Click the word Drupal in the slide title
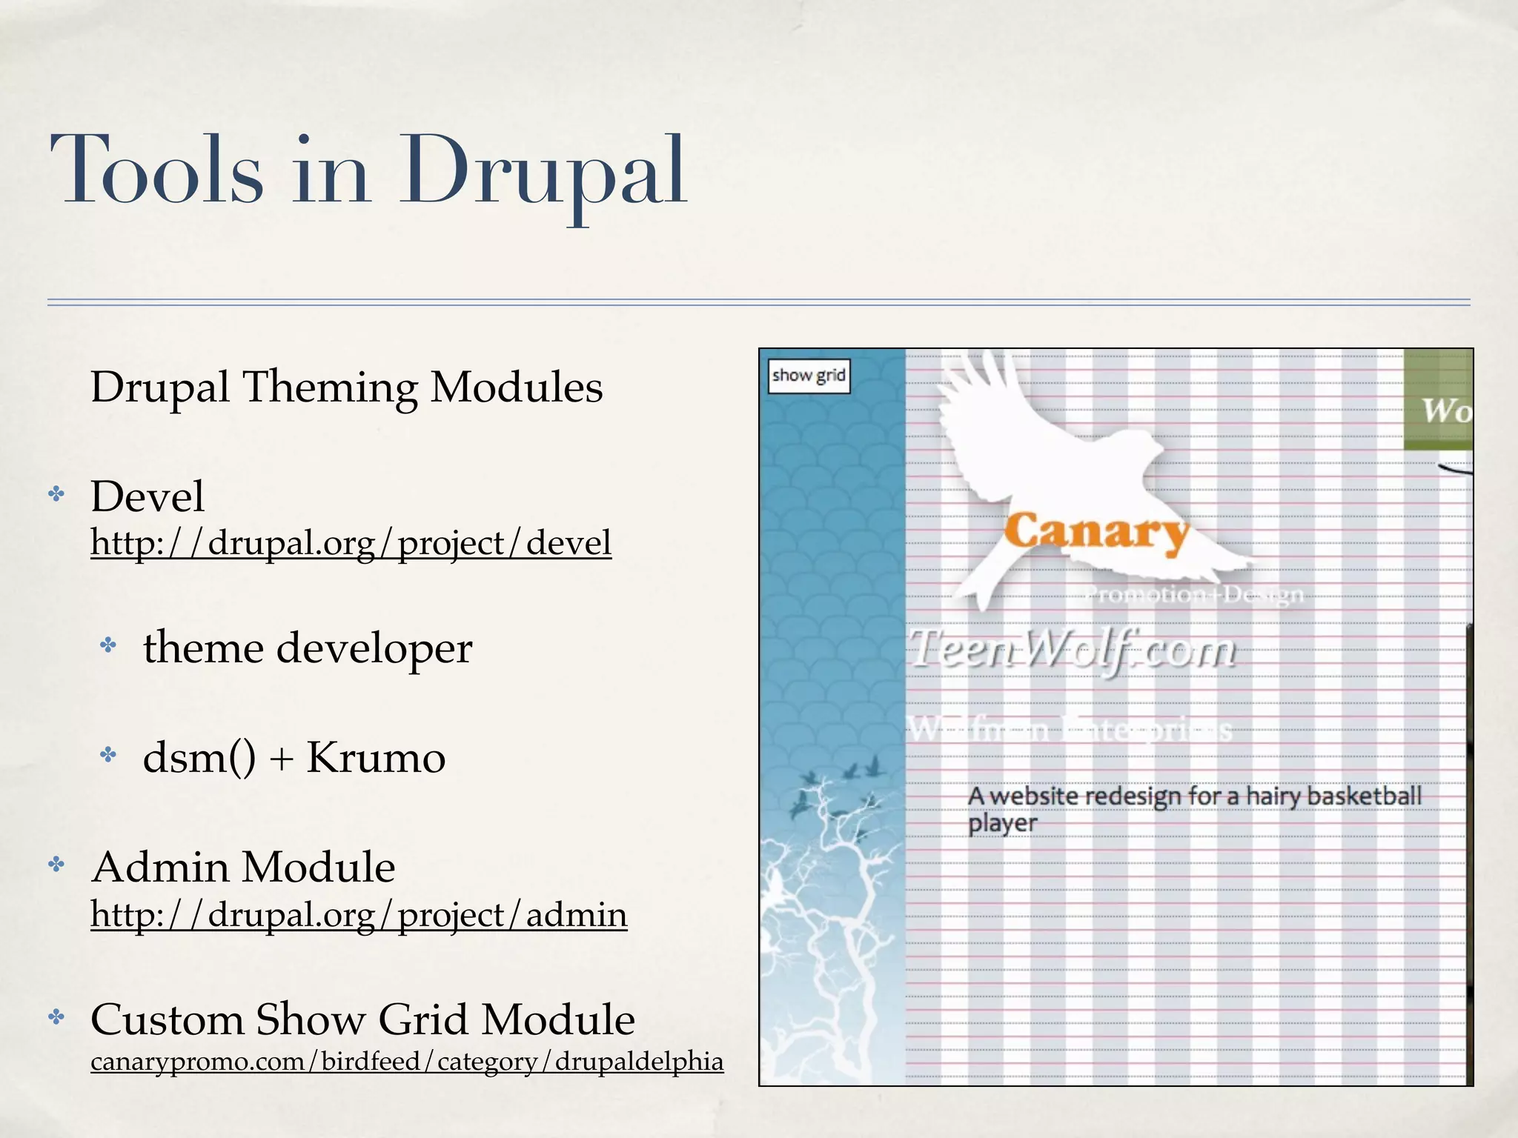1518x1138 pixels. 543,172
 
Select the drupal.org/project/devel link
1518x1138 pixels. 351,543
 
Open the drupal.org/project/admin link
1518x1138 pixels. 359,914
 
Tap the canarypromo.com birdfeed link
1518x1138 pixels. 407,1061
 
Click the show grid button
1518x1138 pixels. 809,376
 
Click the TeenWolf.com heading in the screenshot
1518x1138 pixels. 1073,650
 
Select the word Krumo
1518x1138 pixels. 376,757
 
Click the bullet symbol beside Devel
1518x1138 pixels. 56,494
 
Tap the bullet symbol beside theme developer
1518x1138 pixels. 109,645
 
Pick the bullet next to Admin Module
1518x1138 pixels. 56,864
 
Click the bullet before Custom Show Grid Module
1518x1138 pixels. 56,1017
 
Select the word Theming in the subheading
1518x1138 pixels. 330,387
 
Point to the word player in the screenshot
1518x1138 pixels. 1002,824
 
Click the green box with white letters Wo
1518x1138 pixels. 1438,400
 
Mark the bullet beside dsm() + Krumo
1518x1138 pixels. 109,755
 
